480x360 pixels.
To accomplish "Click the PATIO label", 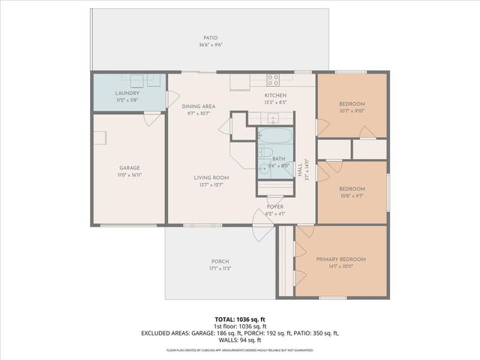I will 210,37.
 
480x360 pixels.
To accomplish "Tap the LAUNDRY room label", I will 127,93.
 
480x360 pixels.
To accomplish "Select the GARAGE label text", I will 130,168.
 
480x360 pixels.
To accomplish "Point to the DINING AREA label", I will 199,106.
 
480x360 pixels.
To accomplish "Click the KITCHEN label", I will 275,95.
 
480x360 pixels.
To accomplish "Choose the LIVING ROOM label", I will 211,178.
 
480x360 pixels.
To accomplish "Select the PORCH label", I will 220,261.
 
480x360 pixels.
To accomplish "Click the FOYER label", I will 275,206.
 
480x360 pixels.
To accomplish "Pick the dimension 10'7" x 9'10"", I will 351,111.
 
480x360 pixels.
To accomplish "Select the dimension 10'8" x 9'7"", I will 351,196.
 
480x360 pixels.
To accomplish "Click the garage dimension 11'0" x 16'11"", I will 130,175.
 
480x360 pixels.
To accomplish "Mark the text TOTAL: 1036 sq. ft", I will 240,319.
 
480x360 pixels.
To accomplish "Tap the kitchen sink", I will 274,118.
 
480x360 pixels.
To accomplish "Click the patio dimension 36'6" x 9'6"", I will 210,45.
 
